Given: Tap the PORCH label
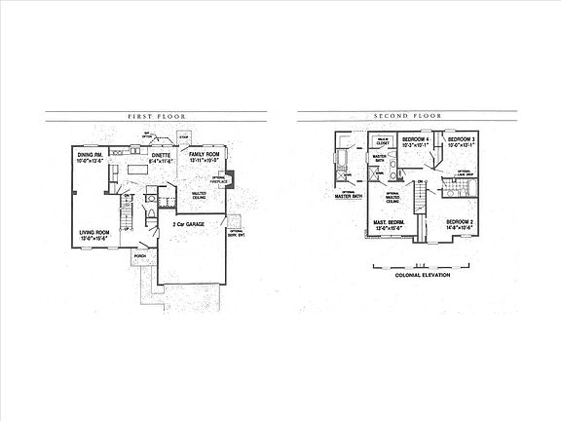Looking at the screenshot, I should pyautogui.click(x=140, y=256).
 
